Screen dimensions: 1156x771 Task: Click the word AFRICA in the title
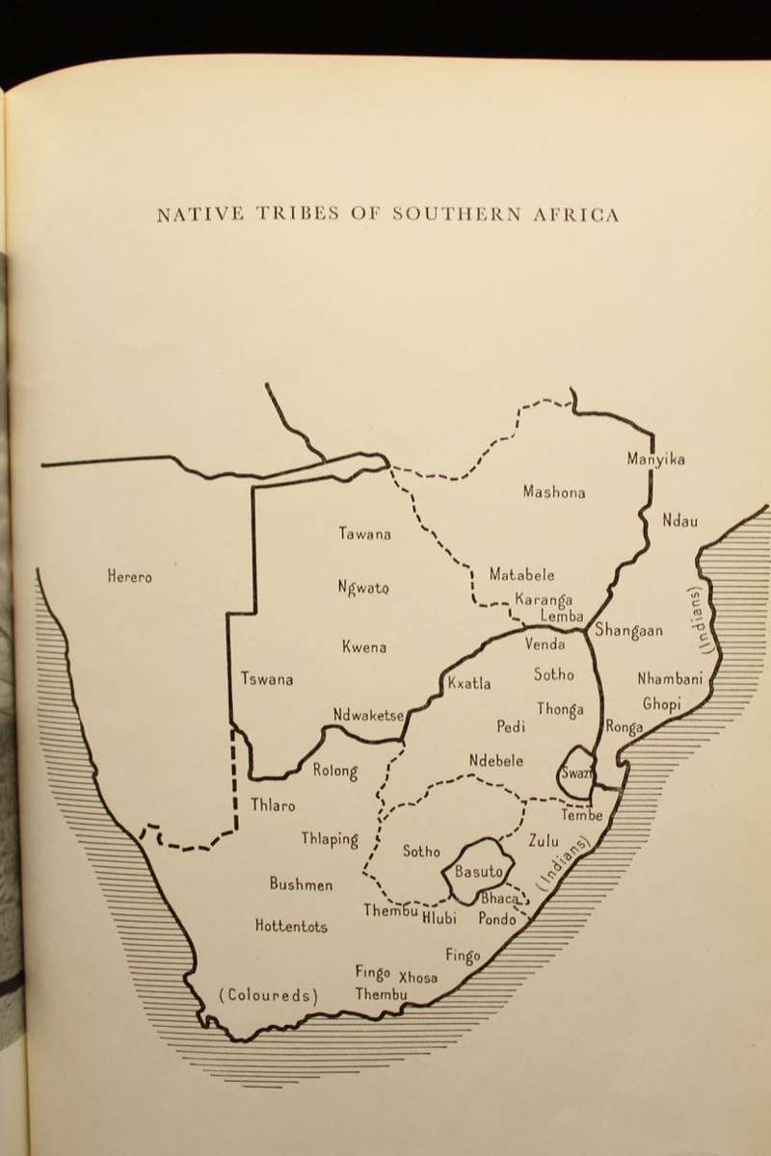[576, 214]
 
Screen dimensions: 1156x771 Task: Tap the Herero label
[129, 577]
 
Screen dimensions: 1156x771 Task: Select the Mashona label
[553, 492]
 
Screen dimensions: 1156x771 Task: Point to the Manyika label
[655, 460]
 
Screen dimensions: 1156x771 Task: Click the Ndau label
[679, 521]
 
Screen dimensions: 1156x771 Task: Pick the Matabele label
[521, 575]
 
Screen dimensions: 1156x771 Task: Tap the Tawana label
[364, 534]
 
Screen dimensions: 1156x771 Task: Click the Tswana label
[267, 679]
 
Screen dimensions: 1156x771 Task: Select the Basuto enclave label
[479, 872]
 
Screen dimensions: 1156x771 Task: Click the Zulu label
[544, 841]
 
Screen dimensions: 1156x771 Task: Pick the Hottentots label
[291, 927]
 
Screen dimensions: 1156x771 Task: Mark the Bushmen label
[302, 884]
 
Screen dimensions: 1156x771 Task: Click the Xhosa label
[418, 978]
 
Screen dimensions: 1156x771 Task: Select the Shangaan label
[628, 631]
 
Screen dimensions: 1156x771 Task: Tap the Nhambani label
[671, 679]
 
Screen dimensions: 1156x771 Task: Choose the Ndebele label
[496, 761]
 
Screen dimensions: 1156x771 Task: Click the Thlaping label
[329, 839]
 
